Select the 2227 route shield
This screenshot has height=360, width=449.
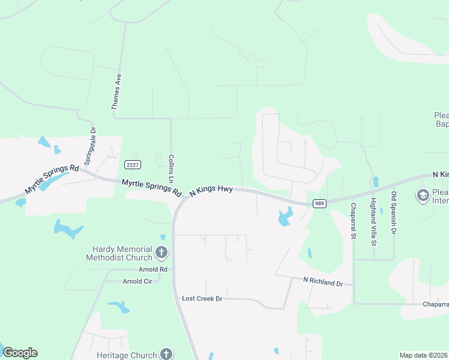click(x=133, y=164)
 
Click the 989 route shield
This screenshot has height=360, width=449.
click(x=320, y=203)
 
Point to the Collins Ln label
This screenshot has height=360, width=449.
click(x=171, y=169)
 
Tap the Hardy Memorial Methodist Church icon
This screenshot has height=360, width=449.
click(x=161, y=253)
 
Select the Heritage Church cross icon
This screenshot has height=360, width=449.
click(x=166, y=355)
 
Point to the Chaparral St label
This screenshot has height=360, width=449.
click(x=353, y=221)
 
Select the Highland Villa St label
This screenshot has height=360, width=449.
click(x=373, y=222)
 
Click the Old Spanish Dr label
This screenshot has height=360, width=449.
click(x=394, y=213)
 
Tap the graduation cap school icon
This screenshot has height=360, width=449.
click(x=423, y=196)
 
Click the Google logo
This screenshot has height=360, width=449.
click(x=20, y=353)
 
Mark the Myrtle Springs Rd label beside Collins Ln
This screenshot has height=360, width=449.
click(x=151, y=188)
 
